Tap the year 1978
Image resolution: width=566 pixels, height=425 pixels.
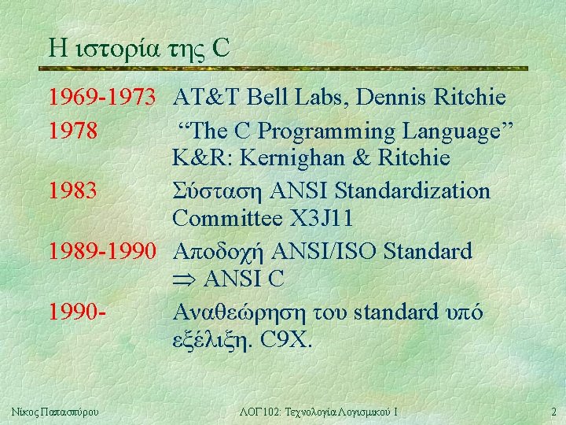coord(73,129)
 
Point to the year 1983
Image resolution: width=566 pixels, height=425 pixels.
coord(73,190)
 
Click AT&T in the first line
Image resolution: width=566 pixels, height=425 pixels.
coord(207,98)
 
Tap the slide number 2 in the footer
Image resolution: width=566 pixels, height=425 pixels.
coord(553,411)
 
